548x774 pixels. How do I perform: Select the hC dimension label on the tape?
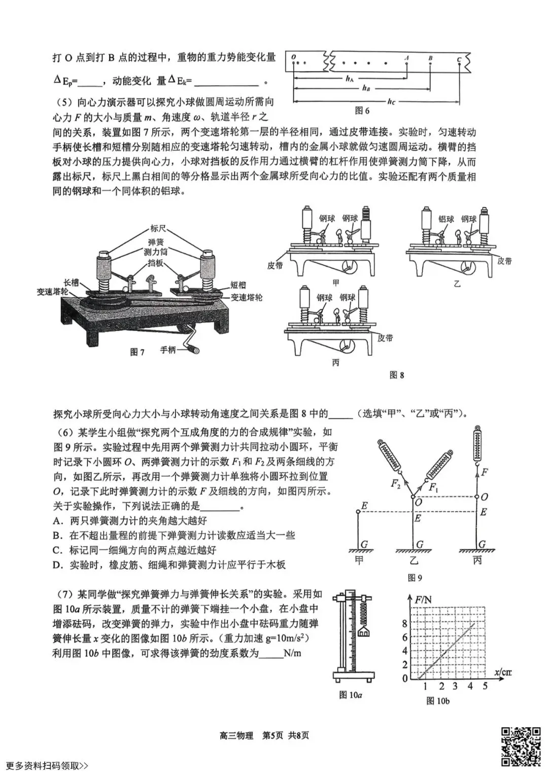(391, 102)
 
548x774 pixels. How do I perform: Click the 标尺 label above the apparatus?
(158, 228)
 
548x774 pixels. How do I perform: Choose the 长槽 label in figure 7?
(71, 283)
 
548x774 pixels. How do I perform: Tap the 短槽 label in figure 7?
(238, 286)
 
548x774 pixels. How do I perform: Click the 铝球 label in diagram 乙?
(446, 219)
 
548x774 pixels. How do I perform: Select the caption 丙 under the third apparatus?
(335, 363)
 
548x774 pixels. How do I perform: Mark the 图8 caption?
(396, 375)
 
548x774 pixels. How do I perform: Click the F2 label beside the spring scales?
(396, 483)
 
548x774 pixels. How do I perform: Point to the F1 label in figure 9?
(434, 487)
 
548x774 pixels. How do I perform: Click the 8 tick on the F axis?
(404, 624)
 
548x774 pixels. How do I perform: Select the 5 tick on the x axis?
(485, 686)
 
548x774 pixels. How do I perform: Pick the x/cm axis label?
(502, 673)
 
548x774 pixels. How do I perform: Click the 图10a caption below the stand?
(351, 695)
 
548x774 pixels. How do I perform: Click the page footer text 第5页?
(272, 735)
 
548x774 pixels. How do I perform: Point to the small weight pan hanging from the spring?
(364, 631)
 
